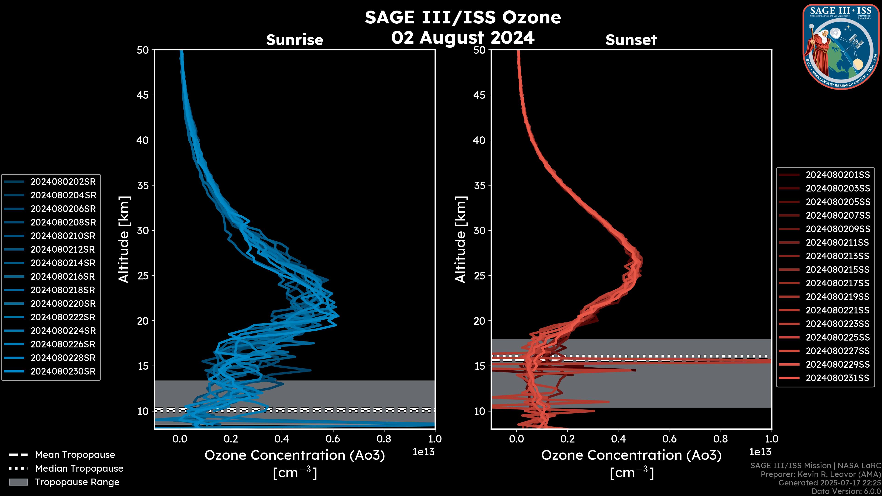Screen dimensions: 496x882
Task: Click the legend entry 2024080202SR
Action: pyautogui.click(x=63, y=182)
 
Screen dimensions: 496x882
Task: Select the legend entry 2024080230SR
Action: pyautogui.click(x=63, y=371)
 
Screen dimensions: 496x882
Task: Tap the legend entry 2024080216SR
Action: pyautogui.click(x=63, y=276)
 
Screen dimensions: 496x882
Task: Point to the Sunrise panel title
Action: pyautogui.click(x=294, y=40)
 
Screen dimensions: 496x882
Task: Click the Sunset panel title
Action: pyautogui.click(x=631, y=40)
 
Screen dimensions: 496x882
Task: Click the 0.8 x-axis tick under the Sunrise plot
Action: pyautogui.click(x=384, y=439)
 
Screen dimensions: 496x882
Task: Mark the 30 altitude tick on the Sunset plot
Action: pyautogui.click(x=479, y=230)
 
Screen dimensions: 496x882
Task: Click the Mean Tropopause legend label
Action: pyautogui.click(x=75, y=455)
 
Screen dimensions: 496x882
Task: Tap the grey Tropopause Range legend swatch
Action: pyautogui.click(x=18, y=482)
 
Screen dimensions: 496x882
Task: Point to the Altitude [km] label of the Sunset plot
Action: pyautogui.click(x=461, y=240)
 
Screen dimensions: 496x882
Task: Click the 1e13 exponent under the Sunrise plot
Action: pyautogui.click(x=424, y=452)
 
